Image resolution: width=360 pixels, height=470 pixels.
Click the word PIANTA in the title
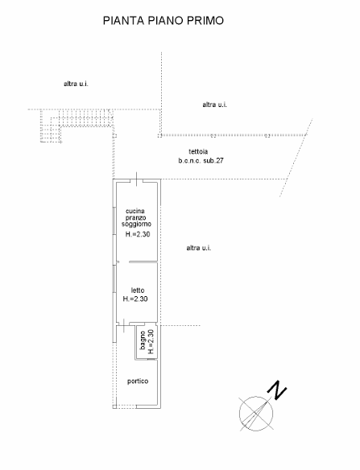coord(124,20)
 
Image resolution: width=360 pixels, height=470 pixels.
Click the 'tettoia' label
coord(198,151)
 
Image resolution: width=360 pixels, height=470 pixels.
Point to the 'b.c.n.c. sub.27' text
coord(201,161)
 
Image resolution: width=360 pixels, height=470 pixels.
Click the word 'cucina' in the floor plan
coord(135,211)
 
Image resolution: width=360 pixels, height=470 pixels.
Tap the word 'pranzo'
coord(135,217)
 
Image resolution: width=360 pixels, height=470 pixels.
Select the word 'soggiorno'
coord(136,225)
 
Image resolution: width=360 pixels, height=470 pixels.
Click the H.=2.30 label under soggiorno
coord(138,234)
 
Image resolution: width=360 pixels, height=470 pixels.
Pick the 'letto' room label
coord(138,291)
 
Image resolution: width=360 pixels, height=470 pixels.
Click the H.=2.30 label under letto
coord(135,299)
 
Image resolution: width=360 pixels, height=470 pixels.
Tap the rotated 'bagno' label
coord(143,340)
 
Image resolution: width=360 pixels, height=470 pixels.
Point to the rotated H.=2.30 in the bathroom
coord(151,342)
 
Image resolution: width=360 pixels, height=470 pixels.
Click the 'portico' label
coord(138,381)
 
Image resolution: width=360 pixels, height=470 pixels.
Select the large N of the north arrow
coord(276,390)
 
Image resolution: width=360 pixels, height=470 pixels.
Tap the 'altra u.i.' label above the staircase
coord(76,84)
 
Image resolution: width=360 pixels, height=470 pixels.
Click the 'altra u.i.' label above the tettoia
coord(214,105)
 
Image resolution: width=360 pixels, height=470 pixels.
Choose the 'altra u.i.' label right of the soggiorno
coord(199,248)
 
